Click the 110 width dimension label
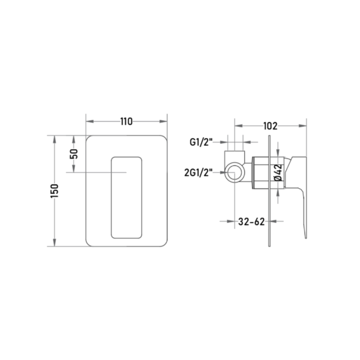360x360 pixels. (127, 121)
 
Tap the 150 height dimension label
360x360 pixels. (55, 191)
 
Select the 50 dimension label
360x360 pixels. (74, 154)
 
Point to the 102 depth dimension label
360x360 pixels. (270, 126)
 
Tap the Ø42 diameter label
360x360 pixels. (278, 172)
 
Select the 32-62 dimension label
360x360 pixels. (251, 222)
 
